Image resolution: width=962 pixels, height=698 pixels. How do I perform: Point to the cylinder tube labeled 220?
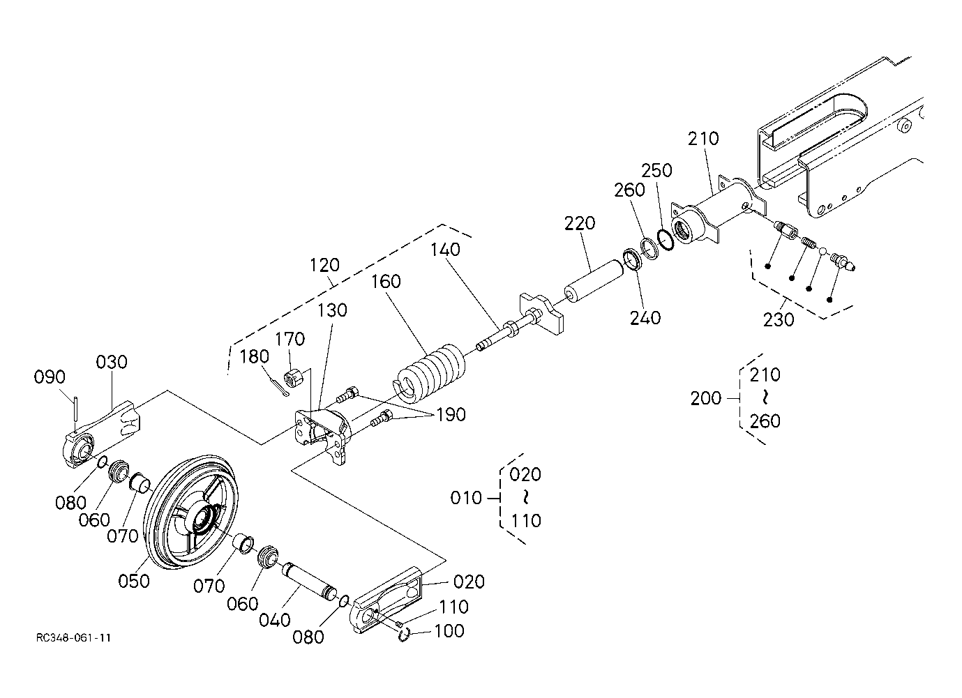592,280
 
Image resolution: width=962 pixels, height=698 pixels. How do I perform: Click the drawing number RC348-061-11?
76,638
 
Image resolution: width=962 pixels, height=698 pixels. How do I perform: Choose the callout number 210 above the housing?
702,139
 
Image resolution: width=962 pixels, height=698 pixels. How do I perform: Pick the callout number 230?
779,319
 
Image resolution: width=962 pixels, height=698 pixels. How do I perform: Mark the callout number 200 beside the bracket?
706,399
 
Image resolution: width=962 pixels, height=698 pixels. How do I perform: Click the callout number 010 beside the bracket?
466,498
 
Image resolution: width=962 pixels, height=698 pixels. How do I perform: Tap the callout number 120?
324,265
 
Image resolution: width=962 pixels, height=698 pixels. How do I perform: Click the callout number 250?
657,171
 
